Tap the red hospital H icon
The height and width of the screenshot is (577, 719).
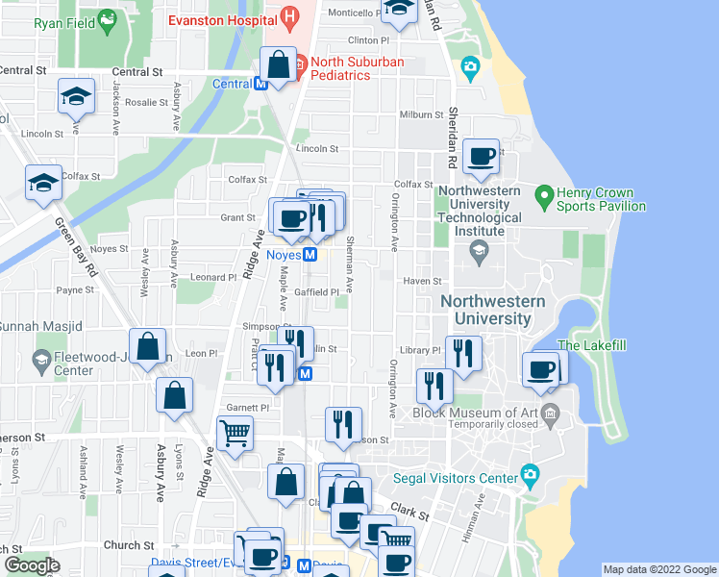(289, 16)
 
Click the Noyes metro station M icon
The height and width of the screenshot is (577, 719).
(310, 255)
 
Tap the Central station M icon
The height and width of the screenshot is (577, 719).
(260, 84)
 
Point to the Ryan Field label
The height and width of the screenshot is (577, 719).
(62, 19)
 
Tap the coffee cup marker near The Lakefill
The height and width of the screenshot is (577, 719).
(541, 370)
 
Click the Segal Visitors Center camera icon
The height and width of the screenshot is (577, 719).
(529, 475)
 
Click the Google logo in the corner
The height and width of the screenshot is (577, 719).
(31, 565)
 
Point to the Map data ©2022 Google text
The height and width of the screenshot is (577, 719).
(659, 569)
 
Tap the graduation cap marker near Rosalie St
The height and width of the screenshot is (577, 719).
(76, 95)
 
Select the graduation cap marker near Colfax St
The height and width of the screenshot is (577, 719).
(43, 182)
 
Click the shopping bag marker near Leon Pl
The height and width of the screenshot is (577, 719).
(149, 347)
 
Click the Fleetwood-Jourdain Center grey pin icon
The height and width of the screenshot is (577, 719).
(40, 361)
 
